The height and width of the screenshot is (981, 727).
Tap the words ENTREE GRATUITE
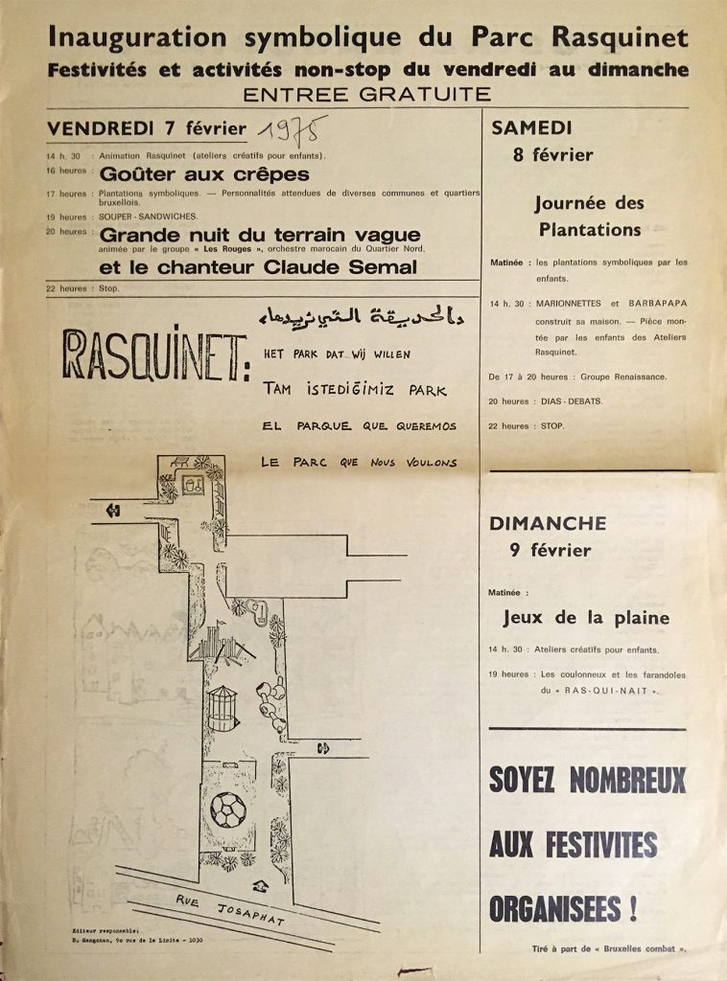[367, 94]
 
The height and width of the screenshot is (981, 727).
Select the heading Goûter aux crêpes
[204, 174]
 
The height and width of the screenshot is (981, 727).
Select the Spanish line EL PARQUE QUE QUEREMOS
[359, 425]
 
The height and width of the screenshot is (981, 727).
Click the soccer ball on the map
[227, 810]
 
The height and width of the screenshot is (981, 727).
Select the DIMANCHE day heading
[548, 523]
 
